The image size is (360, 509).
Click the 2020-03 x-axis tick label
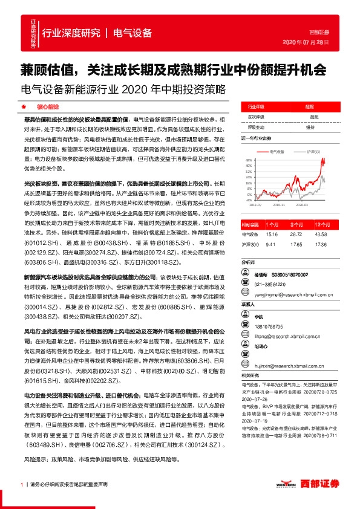(302, 206)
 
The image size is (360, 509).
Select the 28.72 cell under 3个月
(299, 234)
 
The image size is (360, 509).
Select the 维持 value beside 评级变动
(310, 128)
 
